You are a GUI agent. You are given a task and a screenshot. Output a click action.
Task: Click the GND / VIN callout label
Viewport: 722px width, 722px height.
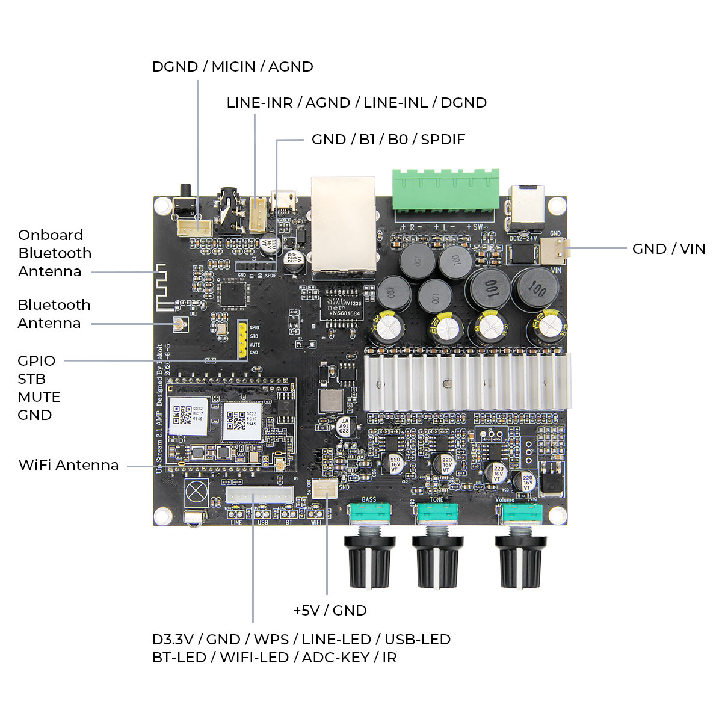pyautogui.click(x=668, y=249)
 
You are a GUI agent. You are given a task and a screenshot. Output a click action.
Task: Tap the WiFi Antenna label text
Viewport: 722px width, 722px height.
pyautogui.click(x=68, y=465)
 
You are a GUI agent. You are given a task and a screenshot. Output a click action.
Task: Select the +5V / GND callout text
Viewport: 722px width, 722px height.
pyautogui.click(x=330, y=611)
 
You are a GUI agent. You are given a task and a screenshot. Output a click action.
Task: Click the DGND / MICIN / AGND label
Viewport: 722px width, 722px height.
pyautogui.click(x=232, y=67)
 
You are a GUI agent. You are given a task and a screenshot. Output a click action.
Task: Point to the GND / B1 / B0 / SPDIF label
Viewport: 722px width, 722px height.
pyautogui.click(x=388, y=140)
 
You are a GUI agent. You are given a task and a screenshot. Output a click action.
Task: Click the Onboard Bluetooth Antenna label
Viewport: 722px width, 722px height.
pyautogui.click(x=55, y=253)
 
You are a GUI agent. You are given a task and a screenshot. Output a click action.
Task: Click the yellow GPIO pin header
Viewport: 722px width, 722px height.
pyautogui.click(x=242, y=340)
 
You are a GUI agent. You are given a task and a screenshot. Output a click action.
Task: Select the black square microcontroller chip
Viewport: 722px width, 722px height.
pyautogui.click(x=235, y=293)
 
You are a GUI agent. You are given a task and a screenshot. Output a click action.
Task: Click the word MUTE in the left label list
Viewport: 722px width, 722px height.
pyautogui.click(x=39, y=397)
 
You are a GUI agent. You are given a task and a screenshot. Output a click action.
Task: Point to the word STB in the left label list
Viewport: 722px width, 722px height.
pyautogui.click(x=32, y=379)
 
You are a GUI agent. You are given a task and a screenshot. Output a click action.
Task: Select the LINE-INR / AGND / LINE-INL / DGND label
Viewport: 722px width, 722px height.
pyautogui.click(x=356, y=103)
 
